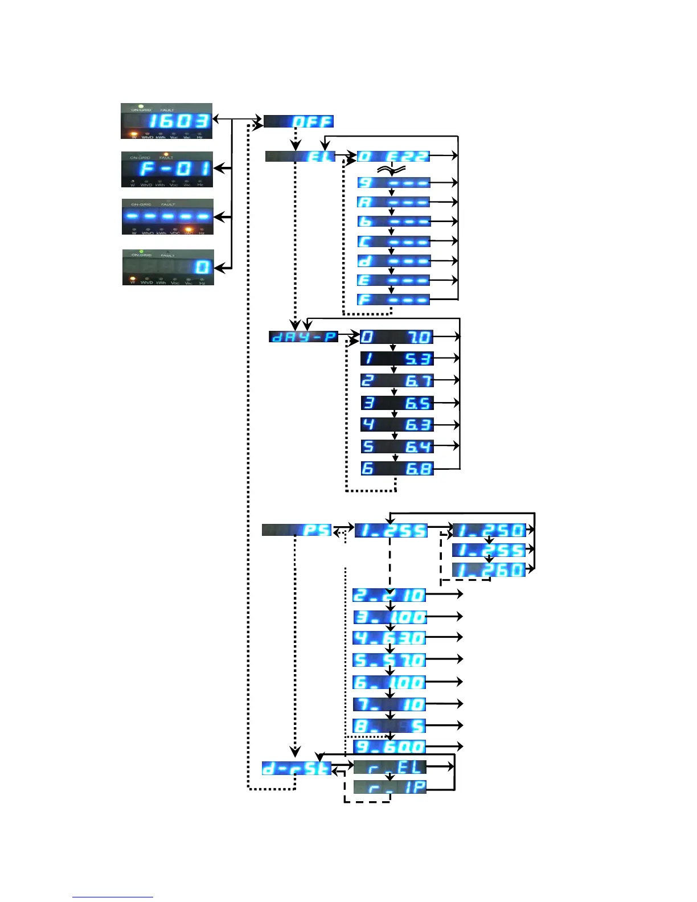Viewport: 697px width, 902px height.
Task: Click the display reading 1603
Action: pos(166,121)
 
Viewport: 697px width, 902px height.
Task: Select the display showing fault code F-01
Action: pos(167,169)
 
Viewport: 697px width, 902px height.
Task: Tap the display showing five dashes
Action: pos(167,216)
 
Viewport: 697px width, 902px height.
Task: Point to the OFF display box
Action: pos(298,121)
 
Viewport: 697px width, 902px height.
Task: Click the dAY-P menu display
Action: pos(304,337)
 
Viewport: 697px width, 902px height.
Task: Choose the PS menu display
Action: pos(297,530)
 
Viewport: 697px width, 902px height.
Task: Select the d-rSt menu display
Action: pos(297,768)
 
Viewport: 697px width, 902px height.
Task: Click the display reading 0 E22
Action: pos(393,156)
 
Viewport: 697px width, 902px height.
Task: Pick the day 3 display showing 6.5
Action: pos(397,403)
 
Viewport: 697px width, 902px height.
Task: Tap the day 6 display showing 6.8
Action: pos(397,469)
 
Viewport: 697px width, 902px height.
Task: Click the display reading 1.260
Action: pos(489,570)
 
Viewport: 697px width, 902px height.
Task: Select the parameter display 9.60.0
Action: pos(389,747)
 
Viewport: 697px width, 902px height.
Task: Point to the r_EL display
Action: pos(389,767)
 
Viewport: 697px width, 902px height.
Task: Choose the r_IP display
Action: pos(389,788)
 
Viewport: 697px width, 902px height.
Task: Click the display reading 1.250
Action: pos(489,530)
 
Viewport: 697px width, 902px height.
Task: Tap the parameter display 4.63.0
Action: pos(389,638)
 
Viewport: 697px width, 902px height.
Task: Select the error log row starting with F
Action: pos(393,300)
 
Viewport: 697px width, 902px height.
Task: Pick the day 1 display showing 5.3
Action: pos(397,359)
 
